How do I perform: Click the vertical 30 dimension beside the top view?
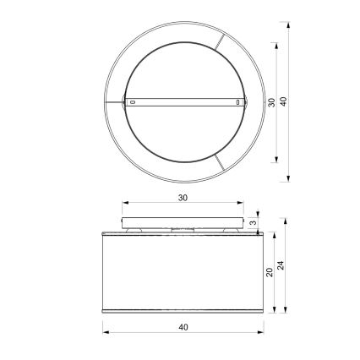(x=271, y=102)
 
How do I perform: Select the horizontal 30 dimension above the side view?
(x=183, y=197)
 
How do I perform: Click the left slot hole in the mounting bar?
(x=131, y=102)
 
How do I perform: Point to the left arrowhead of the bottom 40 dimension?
(x=106, y=331)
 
